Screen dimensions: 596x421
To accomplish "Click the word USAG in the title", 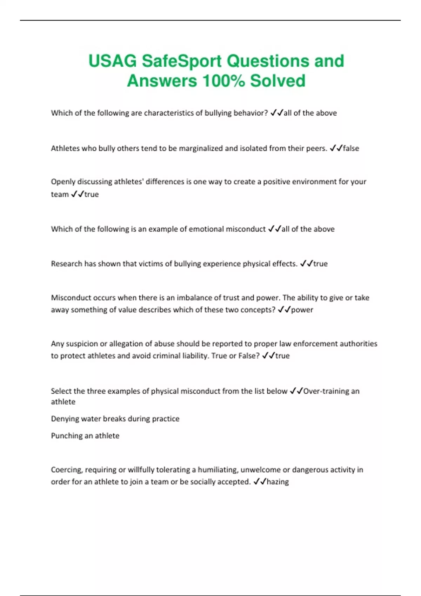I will tap(112, 61).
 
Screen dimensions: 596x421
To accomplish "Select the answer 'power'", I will tap(302, 310).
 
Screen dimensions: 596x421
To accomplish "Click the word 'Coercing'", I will tap(66, 470).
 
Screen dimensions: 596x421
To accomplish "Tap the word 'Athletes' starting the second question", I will tap(65, 148).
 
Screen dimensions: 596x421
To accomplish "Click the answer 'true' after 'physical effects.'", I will tap(320, 264).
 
